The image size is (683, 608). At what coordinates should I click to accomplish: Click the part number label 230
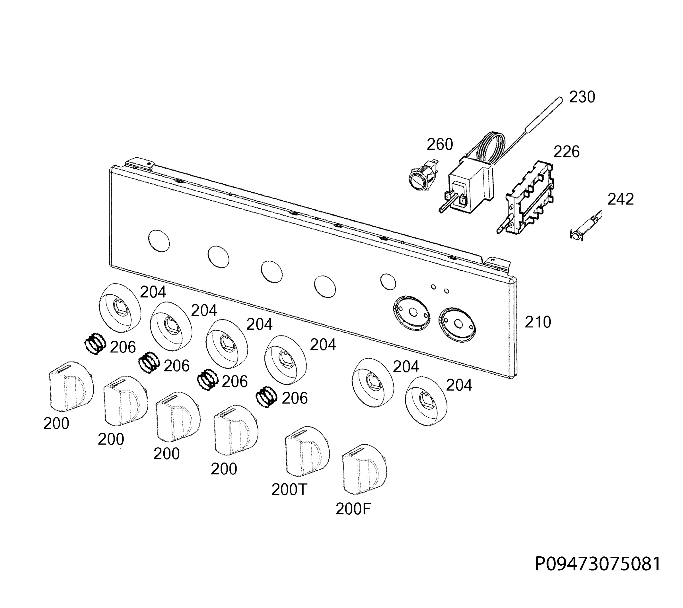pyautogui.click(x=582, y=97)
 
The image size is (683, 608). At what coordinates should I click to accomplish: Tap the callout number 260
pyautogui.click(x=440, y=144)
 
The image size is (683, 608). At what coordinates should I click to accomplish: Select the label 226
pyautogui.click(x=566, y=152)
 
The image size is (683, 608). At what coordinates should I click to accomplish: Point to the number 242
pyautogui.click(x=620, y=199)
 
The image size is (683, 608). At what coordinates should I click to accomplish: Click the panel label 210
pyautogui.click(x=538, y=322)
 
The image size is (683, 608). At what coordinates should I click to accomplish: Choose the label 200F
pyautogui.click(x=353, y=509)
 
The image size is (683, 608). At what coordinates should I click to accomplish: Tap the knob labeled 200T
pyautogui.click(x=307, y=451)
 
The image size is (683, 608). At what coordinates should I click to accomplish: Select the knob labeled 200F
pyautogui.click(x=365, y=469)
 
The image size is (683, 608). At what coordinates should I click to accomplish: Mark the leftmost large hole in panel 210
pyautogui.click(x=159, y=241)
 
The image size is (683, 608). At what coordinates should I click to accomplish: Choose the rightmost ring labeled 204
pyautogui.click(x=426, y=401)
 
